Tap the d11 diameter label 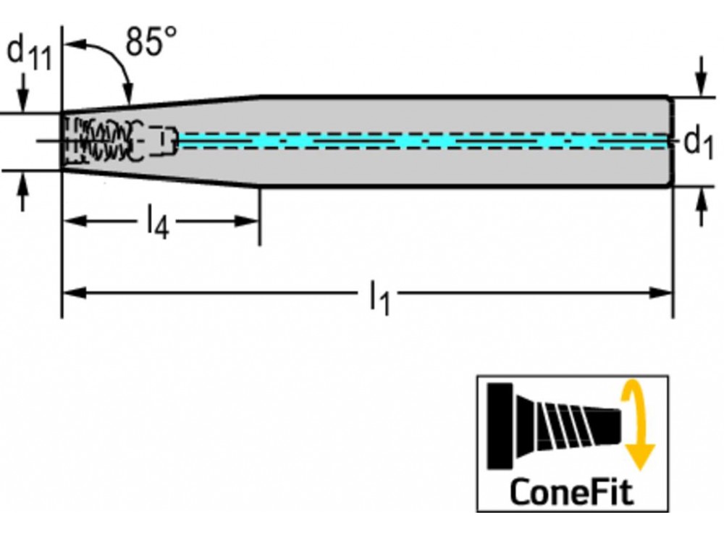click(29, 54)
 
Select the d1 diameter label click(698, 143)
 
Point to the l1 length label click(379, 297)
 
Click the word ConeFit click(571, 492)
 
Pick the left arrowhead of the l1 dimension click(72, 293)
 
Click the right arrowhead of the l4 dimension click(249, 220)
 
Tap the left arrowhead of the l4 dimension click(72, 220)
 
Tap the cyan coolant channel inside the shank click(420, 140)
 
